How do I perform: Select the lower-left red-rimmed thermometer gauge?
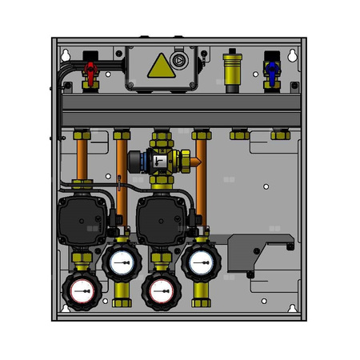tap(80, 294)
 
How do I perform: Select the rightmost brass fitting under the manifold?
tap(279, 134)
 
